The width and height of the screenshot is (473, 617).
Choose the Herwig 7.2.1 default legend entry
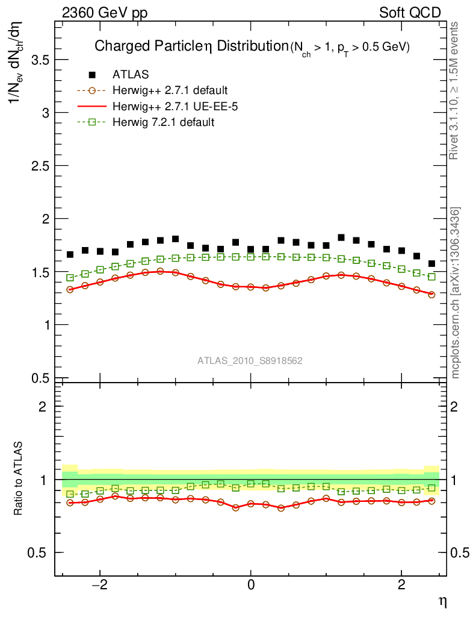tap(164, 122)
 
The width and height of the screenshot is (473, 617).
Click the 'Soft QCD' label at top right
tap(410, 13)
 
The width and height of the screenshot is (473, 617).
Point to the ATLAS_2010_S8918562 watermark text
tap(250, 361)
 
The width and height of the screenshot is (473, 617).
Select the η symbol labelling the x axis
tap(442, 601)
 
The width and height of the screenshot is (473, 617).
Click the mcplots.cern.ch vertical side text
tap(456, 293)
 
